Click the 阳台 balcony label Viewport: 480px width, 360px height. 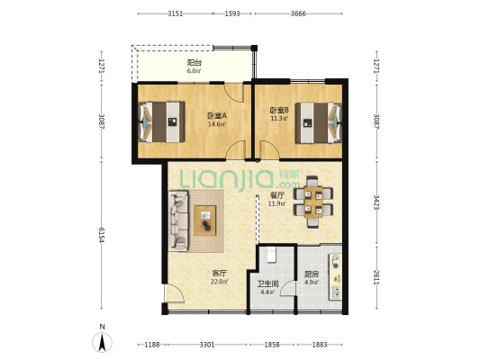click(x=195, y=63)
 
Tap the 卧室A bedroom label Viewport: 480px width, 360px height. click(x=217, y=116)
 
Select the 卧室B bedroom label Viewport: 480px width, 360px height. click(x=279, y=110)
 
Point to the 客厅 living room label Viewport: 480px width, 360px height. click(x=220, y=273)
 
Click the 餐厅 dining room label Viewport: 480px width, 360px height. click(x=277, y=195)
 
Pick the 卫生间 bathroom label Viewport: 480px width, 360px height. click(x=267, y=283)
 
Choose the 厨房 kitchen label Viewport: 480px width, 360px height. click(x=312, y=274)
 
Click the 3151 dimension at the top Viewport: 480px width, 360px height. click(x=175, y=13)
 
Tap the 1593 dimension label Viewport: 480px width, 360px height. click(x=232, y=13)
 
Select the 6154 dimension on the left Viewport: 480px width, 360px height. click(x=102, y=235)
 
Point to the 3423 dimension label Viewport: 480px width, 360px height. click(x=376, y=202)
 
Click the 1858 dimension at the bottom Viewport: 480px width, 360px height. click(x=272, y=345)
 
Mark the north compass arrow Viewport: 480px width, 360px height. click(x=103, y=342)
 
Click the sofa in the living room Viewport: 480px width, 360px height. click(x=178, y=221)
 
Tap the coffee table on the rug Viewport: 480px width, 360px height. click(x=204, y=220)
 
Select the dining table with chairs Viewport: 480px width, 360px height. click(x=313, y=202)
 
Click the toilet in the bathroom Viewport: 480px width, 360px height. click(x=272, y=255)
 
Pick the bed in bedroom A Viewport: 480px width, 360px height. click(x=162, y=122)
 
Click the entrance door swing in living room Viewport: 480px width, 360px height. click(x=174, y=293)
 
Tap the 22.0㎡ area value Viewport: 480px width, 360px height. click(x=220, y=282)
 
